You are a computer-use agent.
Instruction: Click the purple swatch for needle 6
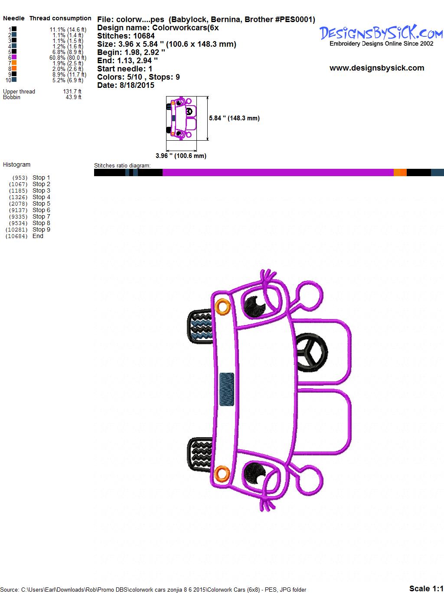14,57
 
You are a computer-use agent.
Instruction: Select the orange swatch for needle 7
14,63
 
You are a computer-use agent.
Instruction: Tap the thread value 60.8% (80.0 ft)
68,58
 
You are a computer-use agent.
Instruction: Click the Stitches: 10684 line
126,36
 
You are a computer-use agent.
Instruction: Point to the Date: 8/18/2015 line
126,85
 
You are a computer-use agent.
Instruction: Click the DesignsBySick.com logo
381,35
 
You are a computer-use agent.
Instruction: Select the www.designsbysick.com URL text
377,68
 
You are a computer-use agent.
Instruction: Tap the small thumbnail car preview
181,118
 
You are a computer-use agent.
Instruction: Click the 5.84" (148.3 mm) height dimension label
234,118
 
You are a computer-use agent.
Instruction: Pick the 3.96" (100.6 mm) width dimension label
181,156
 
